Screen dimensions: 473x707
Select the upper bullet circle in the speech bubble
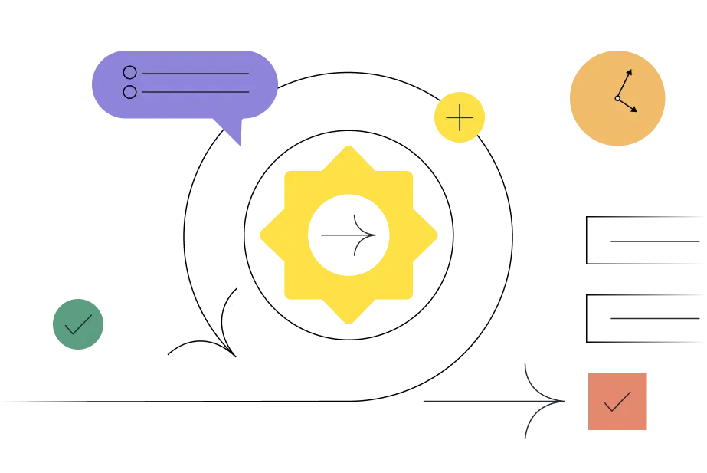(129, 73)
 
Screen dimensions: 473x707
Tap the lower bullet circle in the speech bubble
(129, 92)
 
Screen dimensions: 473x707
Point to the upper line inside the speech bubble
(195, 74)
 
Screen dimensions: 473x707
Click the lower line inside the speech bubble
(195, 92)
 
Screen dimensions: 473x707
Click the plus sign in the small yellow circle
(460, 118)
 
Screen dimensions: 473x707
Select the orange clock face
(618, 97)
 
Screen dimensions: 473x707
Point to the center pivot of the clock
(617, 98)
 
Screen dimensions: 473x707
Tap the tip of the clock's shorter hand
(636, 110)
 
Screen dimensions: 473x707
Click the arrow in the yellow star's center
(350, 235)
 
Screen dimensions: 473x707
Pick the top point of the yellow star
(349, 146)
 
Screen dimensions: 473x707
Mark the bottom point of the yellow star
(349, 324)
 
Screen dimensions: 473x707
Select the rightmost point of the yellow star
(439, 235)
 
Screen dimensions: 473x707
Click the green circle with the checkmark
(77, 324)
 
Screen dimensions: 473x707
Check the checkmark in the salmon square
(617, 401)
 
